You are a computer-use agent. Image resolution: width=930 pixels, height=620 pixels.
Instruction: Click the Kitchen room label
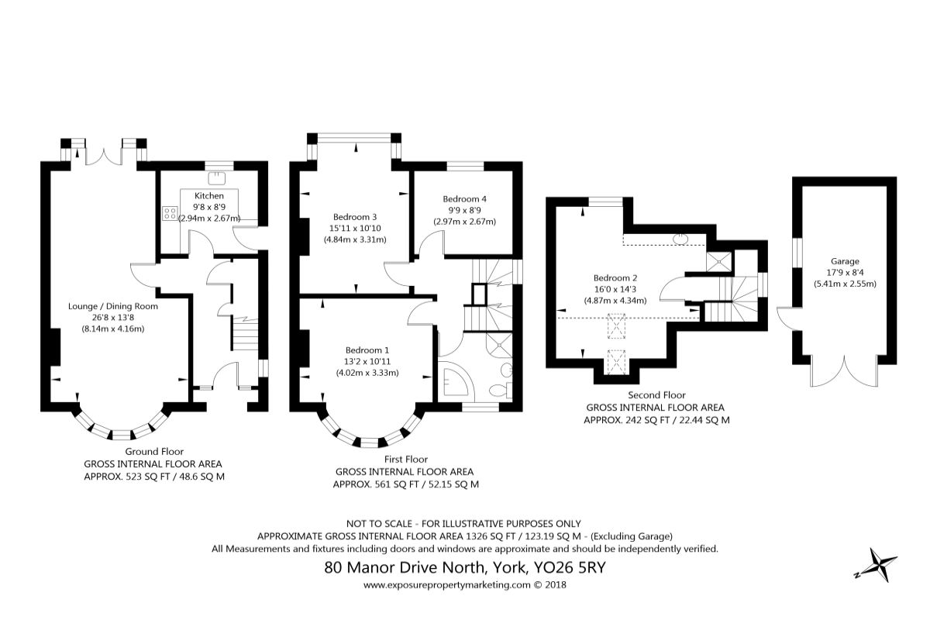[209, 195]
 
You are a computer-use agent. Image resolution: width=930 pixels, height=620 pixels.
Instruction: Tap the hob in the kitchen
[170, 213]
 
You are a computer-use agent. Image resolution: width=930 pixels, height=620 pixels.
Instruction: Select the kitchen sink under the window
[217, 178]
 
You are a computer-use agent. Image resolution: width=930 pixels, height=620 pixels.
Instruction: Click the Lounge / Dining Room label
[113, 306]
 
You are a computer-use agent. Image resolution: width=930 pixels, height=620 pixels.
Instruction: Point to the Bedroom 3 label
[355, 217]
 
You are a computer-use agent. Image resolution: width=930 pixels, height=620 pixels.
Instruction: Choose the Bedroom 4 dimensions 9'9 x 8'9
[464, 211]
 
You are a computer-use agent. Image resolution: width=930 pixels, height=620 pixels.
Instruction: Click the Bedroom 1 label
[367, 350]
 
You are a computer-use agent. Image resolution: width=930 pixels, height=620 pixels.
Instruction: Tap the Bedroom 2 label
[615, 277]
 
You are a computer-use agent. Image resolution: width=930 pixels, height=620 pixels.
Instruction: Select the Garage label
[845, 261]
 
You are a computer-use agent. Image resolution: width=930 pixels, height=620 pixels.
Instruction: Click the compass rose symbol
[879, 565]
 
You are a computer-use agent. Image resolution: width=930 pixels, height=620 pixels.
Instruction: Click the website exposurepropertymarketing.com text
[447, 584]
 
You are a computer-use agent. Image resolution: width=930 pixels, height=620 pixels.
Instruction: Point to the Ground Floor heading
[154, 451]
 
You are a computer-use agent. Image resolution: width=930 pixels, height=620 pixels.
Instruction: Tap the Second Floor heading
[657, 395]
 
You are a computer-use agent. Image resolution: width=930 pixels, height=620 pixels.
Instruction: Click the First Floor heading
[406, 460]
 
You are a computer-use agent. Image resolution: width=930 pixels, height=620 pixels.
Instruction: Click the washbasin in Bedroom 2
[680, 239]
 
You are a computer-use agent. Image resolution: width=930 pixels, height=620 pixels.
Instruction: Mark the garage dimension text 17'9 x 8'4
[845, 273]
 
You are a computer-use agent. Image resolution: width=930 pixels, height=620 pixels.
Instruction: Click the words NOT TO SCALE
[380, 524]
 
